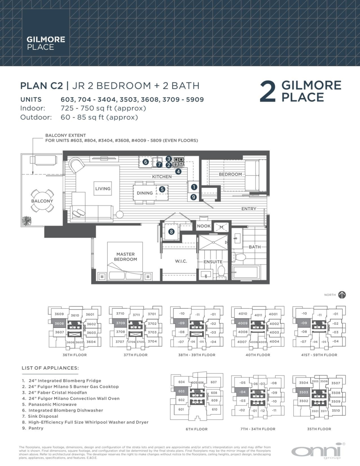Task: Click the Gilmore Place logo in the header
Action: (x=40, y=43)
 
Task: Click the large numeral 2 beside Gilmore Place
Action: (x=269, y=92)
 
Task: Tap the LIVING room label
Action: (x=103, y=189)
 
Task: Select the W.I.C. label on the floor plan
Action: (x=181, y=261)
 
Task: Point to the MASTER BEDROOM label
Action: (x=125, y=257)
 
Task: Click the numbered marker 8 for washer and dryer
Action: (x=171, y=232)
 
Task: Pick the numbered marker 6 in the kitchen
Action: (x=145, y=162)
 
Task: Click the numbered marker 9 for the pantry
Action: (x=194, y=197)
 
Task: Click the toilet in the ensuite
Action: (x=221, y=271)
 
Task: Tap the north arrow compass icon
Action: (x=342, y=295)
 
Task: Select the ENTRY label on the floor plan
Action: (x=249, y=209)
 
